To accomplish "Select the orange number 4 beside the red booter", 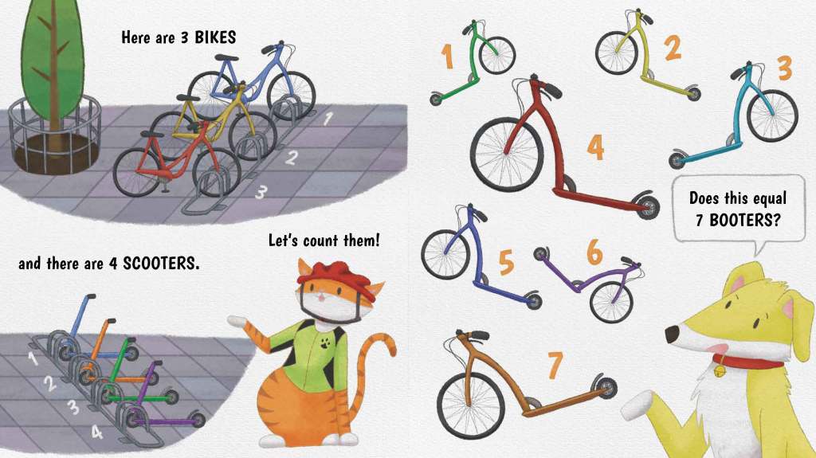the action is coord(595,147).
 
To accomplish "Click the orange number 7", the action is coord(555,365).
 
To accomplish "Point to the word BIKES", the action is coord(215,37).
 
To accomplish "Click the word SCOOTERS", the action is coord(161,264).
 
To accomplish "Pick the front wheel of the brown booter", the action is coord(470,405).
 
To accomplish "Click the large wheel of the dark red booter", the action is coord(506,154).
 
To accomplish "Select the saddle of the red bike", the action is coord(151,135).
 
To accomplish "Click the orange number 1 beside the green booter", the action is coord(447,57).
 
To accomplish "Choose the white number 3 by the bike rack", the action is coord(261,192).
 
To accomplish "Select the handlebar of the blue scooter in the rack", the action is coord(91,297).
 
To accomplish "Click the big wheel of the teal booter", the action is coord(771,115).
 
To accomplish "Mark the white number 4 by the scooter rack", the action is coord(96,432).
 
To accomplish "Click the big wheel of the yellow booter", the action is coord(617,53).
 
